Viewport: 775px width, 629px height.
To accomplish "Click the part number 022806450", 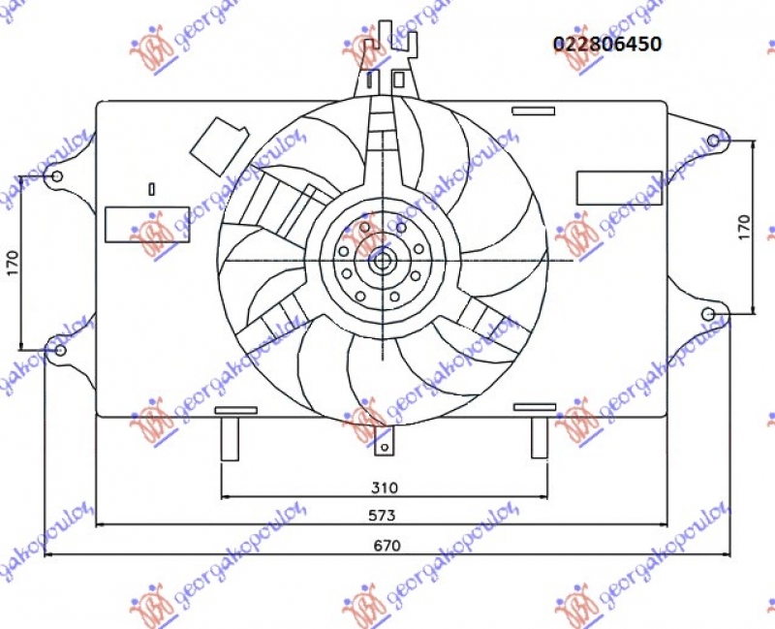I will pyautogui.click(x=606, y=44).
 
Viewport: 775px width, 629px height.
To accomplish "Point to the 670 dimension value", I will pyautogui.click(x=387, y=545).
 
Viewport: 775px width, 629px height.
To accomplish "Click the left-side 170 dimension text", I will pyautogui.click(x=13, y=262).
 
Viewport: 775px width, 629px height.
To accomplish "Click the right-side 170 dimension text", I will pyautogui.click(x=744, y=227).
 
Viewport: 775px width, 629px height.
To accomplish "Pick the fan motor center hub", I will pyautogui.click(x=382, y=260).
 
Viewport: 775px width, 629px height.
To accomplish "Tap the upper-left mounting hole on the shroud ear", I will pyautogui.click(x=57, y=176).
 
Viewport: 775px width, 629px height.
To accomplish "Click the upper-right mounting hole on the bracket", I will pyautogui.click(x=714, y=142).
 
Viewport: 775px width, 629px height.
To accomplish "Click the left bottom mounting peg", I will pyautogui.click(x=232, y=437).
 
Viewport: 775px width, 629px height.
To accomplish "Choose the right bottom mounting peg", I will pyautogui.click(x=540, y=437).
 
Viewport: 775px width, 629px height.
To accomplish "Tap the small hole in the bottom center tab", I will pyautogui.click(x=385, y=447).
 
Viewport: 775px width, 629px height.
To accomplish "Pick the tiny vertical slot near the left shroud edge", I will pyautogui.click(x=152, y=188).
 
